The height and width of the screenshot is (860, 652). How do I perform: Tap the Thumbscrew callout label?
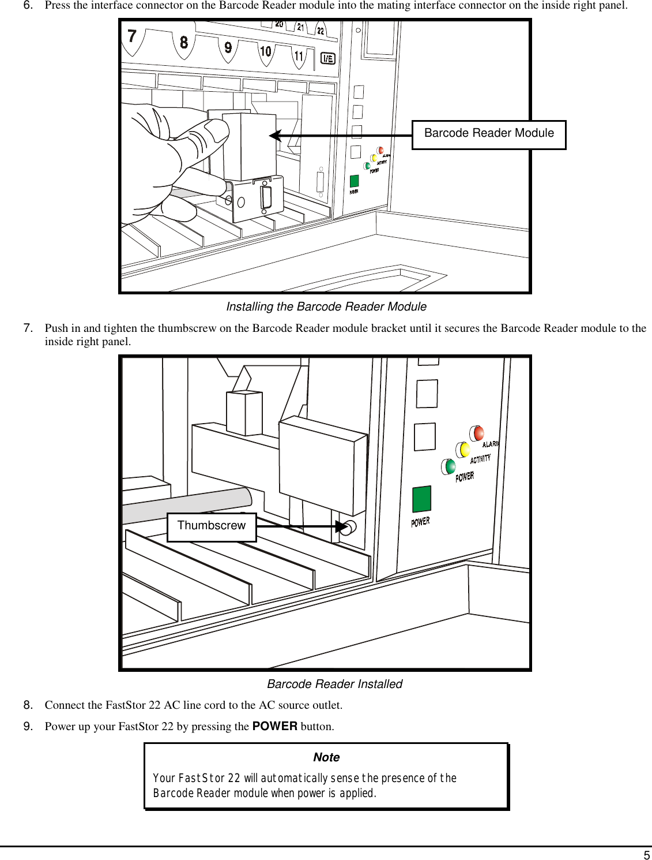(211, 526)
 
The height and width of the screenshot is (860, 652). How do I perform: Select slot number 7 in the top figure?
(132, 36)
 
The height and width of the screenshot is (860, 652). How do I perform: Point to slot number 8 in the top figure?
(183, 42)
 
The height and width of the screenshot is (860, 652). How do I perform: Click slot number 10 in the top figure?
(265, 51)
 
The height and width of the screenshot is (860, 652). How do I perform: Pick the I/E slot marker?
(327, 58)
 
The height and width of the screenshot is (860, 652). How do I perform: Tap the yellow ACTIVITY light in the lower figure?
(463, 449)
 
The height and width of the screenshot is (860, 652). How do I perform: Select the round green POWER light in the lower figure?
(449, 466)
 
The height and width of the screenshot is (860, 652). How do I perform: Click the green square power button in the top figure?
(354, 181)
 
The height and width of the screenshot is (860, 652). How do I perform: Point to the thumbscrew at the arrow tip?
(348, 527)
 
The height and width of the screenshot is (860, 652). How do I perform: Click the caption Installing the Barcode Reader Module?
(326, 306)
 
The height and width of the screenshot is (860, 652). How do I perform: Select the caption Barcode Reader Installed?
(334, 684)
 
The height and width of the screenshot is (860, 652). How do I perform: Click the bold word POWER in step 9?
(274, 726)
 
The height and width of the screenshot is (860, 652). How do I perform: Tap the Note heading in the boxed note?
(326, 757)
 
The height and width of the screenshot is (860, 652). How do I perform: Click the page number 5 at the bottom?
(646, 855)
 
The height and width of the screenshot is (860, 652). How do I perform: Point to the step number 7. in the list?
(28, 328)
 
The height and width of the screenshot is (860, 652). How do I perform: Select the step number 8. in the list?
(28, 705)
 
